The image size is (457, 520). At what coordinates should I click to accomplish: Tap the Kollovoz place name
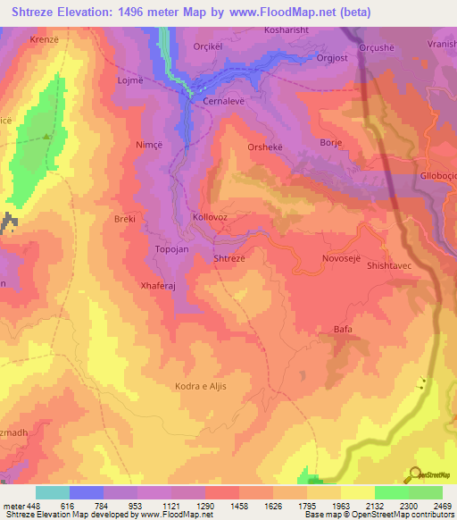210,217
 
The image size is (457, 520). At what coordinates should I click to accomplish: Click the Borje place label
331,142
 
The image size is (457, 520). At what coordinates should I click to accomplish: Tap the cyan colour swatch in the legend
53,492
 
